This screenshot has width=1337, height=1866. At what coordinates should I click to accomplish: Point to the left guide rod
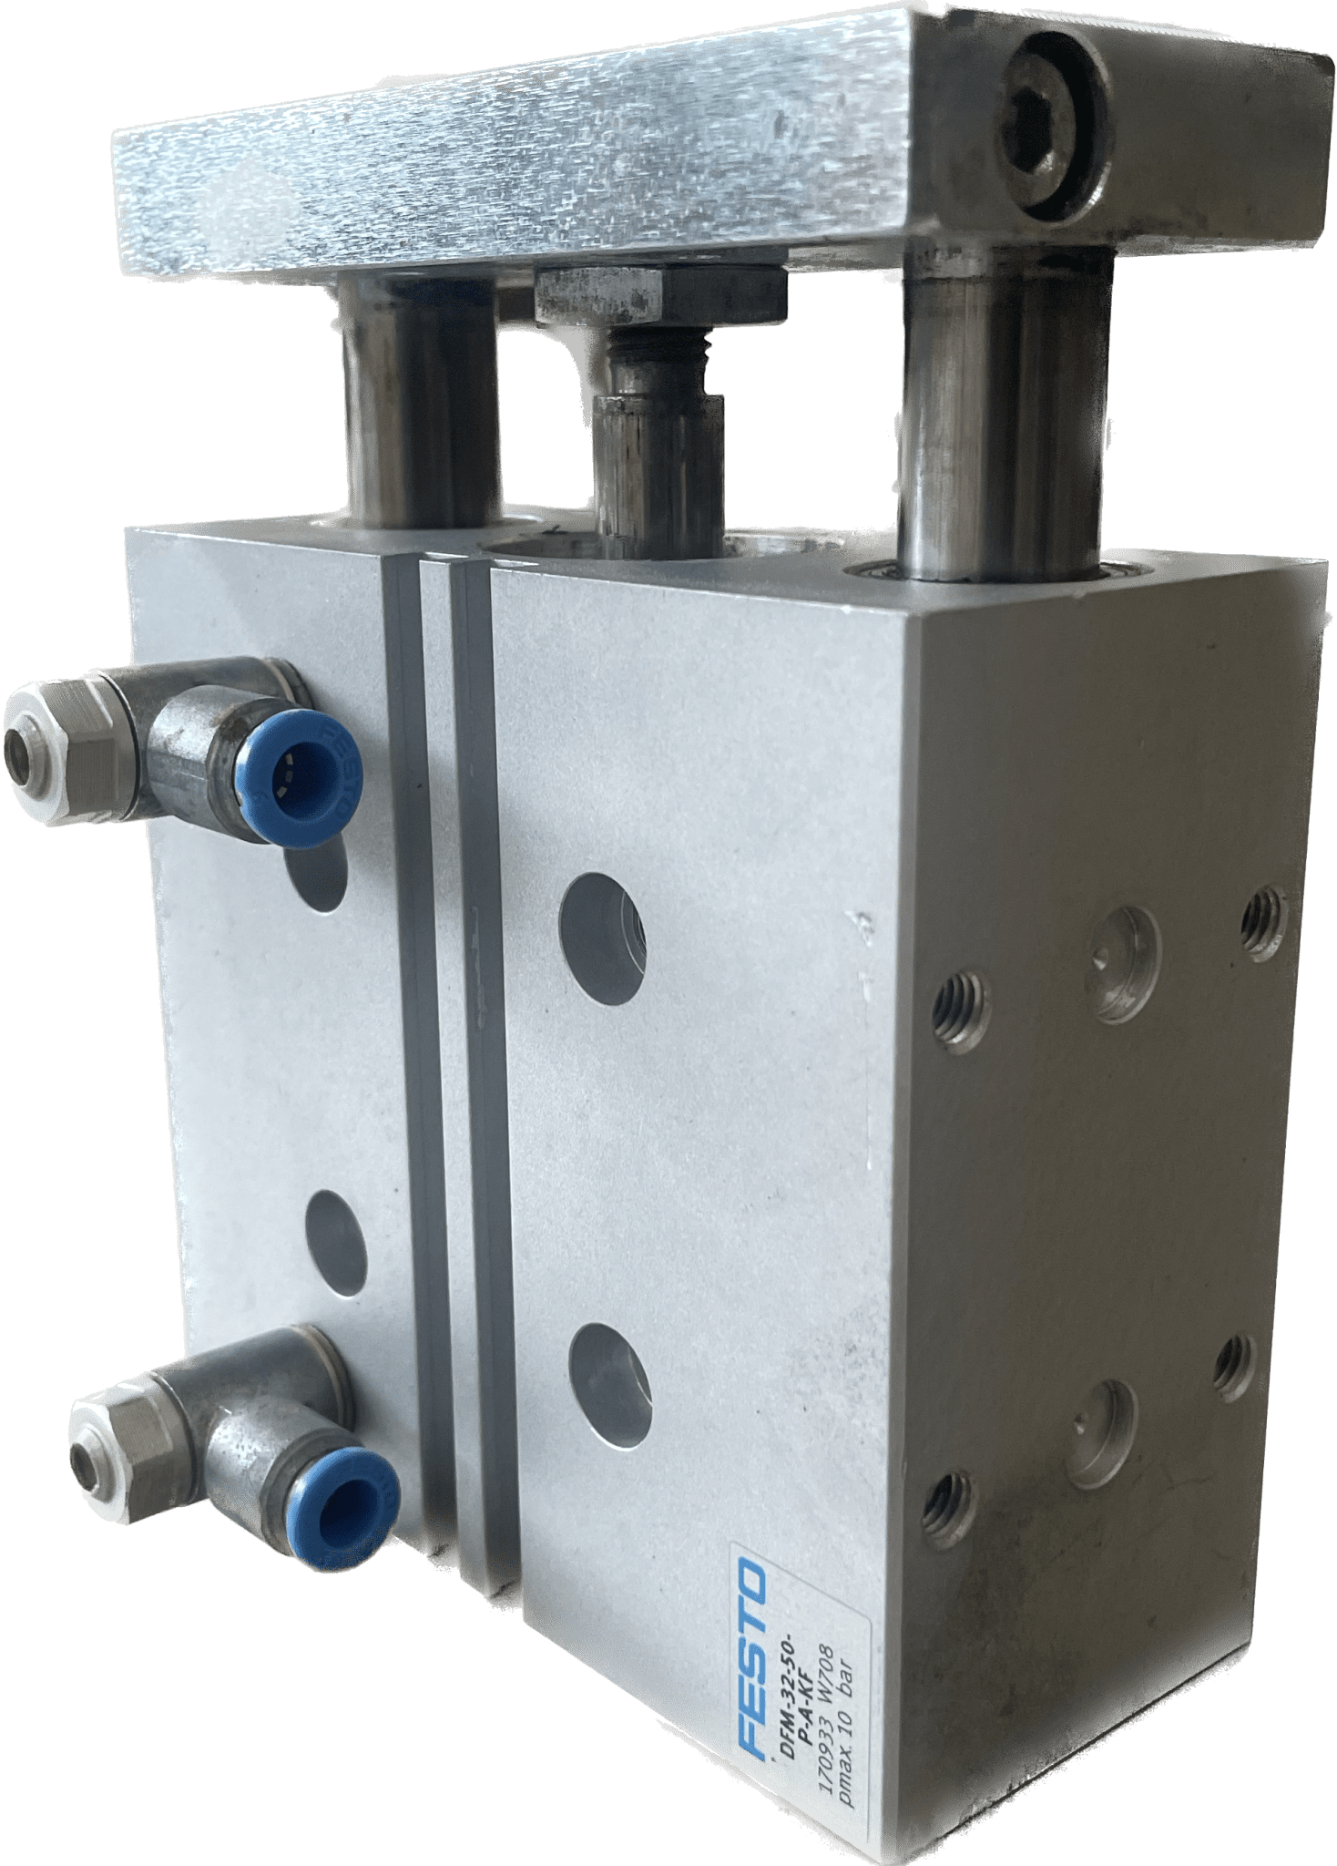[421, 401]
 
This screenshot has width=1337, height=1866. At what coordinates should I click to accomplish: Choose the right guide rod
[1002, 419]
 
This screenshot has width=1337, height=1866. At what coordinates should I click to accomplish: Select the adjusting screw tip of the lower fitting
[88, 1464]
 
